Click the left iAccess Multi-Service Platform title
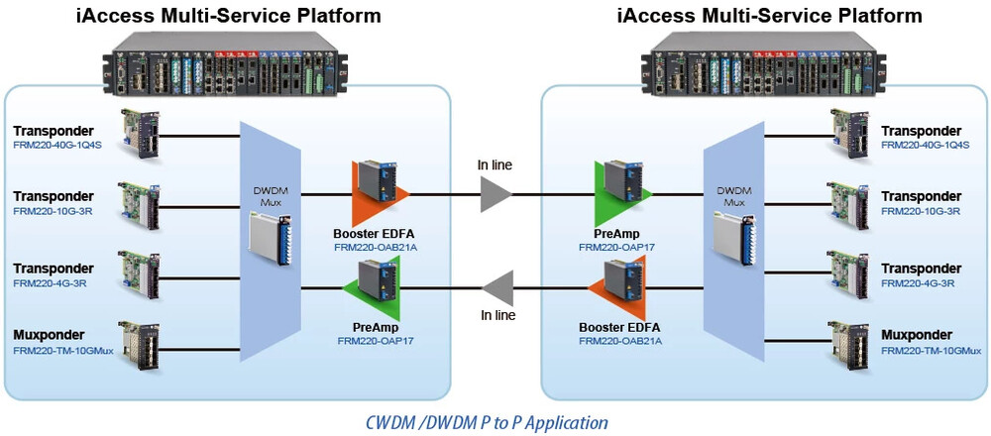pos(230,16)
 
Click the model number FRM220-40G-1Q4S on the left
pos(58,145)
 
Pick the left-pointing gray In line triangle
pos(495,288)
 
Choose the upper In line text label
pos(496,163)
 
